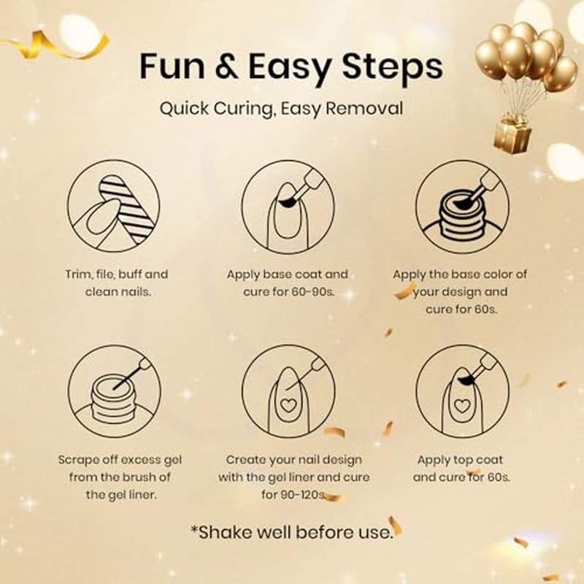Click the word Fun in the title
(x=172, y=66)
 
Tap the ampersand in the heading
(x=226, y=66)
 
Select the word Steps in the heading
(x=392, y=68)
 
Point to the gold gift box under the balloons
(x=512, y=135)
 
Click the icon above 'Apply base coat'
(x=288, y=207)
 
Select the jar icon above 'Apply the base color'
(x=462, y=207)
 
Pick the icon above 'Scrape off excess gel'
(x=115, y=391)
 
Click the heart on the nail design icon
(x=287, y=405)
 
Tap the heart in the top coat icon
(x=462, y=406)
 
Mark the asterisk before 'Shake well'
(x=194, y=529)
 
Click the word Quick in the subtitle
(x=185, y=109)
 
